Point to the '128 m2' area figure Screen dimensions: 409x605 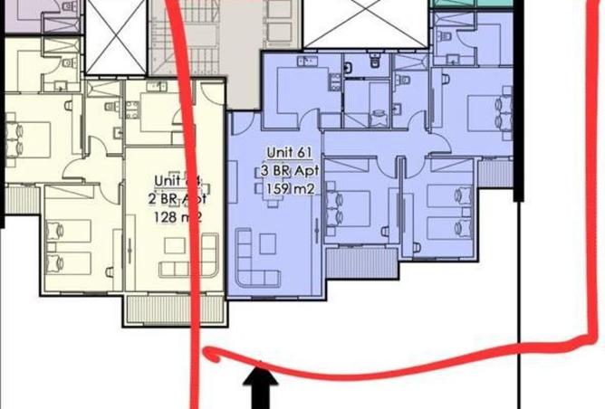174,217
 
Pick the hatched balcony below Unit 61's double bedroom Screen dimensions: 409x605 358,262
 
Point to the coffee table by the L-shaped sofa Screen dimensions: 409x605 269,243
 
